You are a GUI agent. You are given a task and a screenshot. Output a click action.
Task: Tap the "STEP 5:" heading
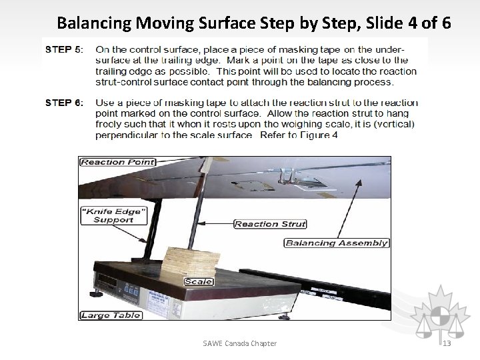(63, 50)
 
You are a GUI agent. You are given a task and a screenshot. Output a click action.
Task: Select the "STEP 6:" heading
(63, 103)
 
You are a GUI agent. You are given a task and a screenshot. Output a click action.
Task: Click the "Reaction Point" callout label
(117, 162)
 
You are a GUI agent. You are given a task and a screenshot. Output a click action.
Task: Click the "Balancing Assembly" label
(336, 243)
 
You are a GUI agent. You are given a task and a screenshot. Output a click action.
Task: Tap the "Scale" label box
(199, 282)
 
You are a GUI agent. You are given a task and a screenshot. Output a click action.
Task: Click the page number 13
(447, 343)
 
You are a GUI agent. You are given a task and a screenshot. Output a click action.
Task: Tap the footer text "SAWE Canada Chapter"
(240, 343)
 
